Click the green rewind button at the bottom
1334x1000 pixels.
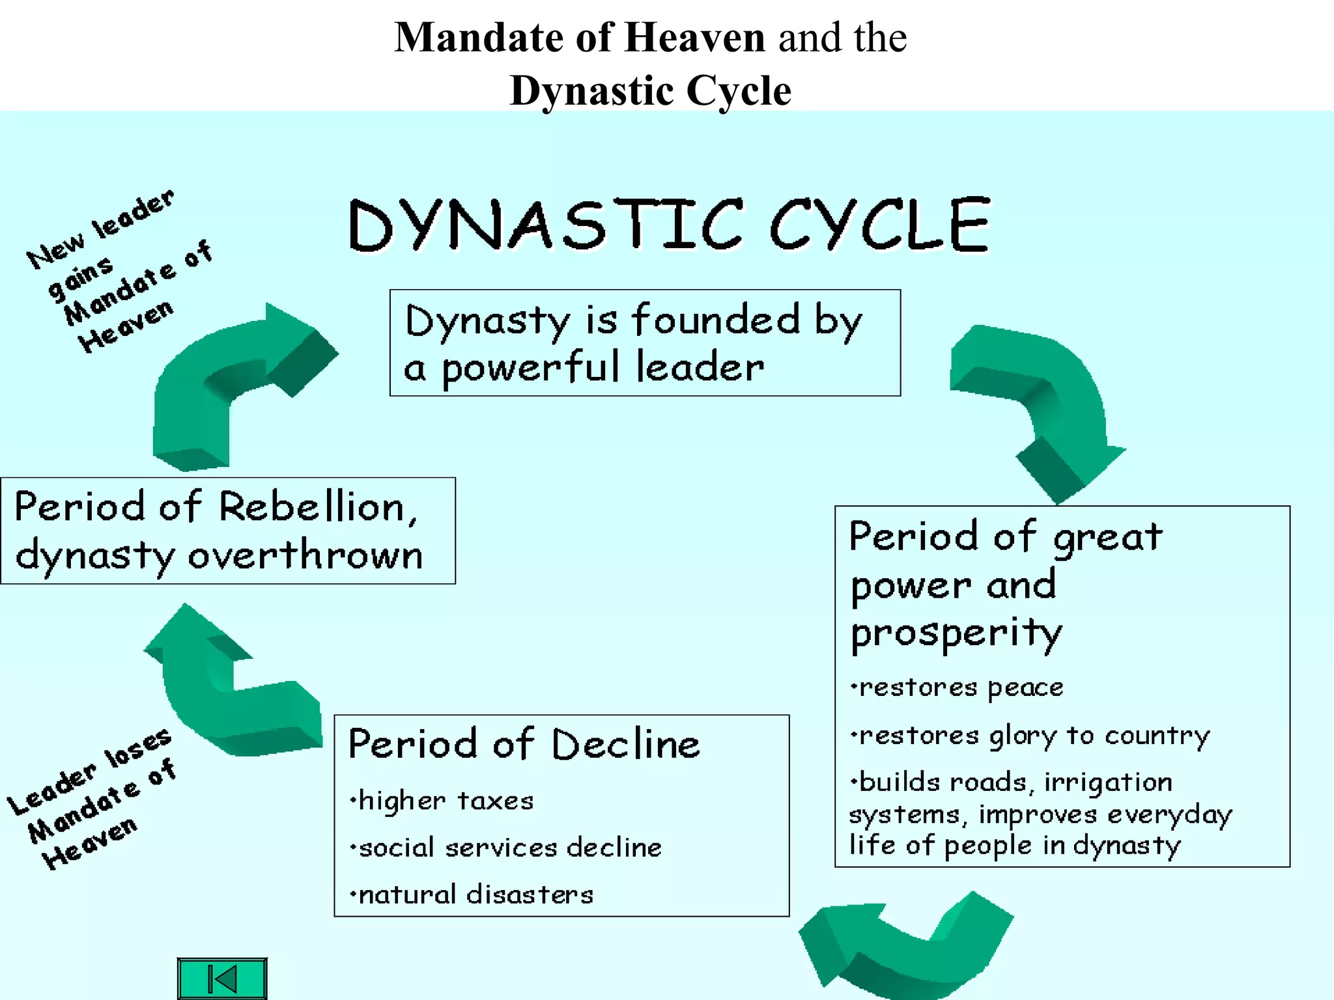pos(222,978)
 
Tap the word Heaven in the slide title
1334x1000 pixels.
pos(694,37)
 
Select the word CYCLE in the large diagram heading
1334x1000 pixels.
pos(880,225)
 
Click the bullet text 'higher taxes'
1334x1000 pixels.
pos(442,800)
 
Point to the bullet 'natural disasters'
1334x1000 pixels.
pos(472,894)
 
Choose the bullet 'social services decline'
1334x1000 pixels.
pos(505,847)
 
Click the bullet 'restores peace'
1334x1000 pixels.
pos(957,687)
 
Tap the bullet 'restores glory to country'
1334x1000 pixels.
pos(1030,736)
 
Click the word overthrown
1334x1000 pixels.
pos(305,556)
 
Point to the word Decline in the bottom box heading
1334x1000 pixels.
pos(626,744)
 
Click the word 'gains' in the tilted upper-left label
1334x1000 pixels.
pos(81,278)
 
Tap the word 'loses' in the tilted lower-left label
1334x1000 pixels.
pos(138,748)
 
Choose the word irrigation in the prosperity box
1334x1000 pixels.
pos(1108,783)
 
